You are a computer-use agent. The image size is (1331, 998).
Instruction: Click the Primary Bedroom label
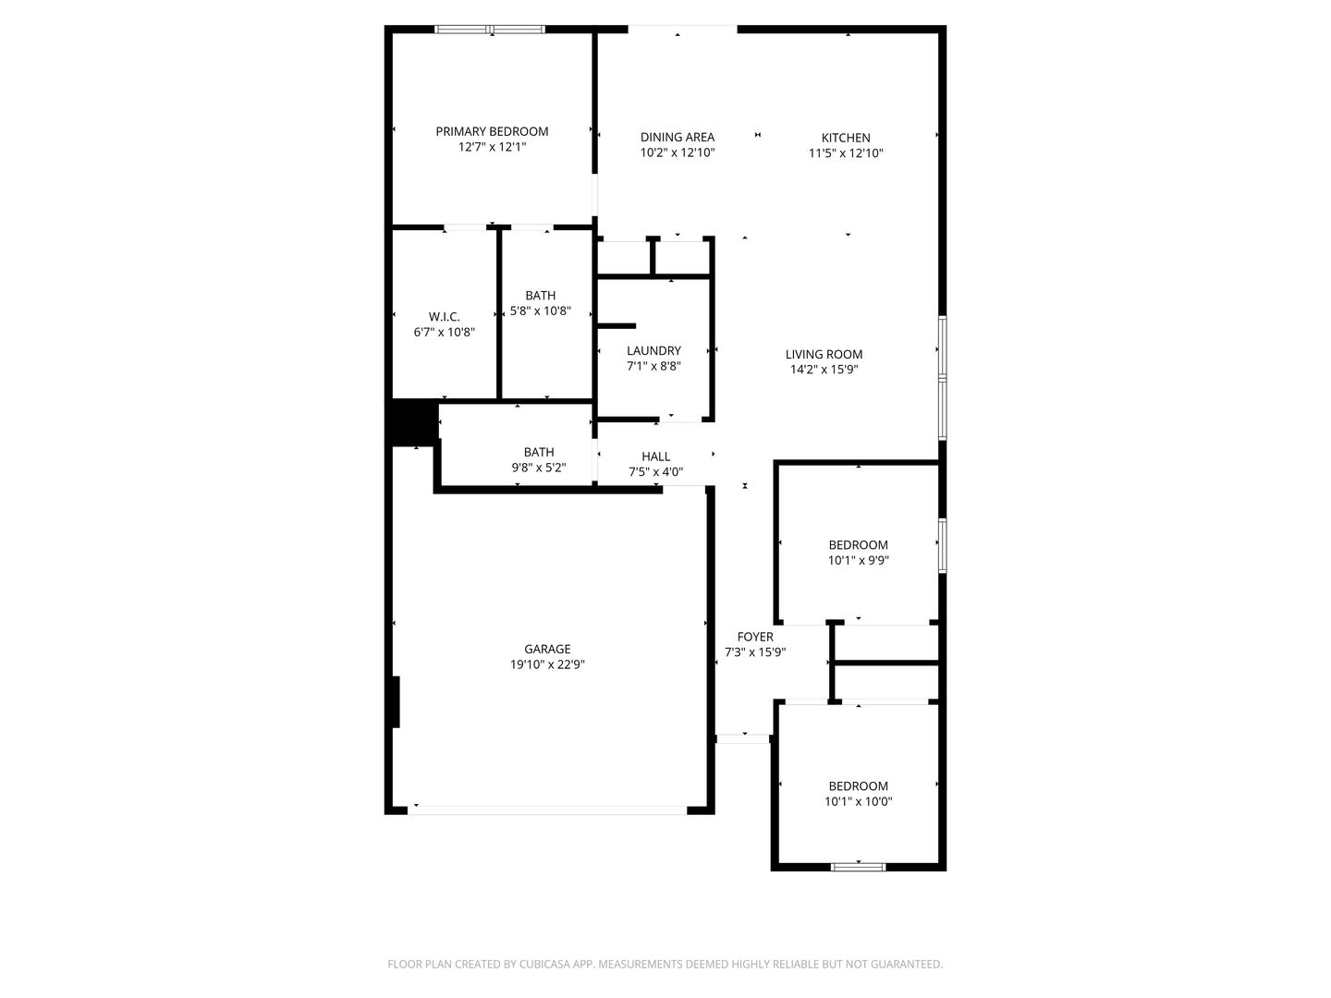[492, 131]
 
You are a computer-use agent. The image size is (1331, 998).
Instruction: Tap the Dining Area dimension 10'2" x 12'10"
[678, 153]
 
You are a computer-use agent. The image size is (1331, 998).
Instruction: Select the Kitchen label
[846, 138]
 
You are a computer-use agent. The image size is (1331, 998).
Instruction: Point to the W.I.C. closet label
[444, 317]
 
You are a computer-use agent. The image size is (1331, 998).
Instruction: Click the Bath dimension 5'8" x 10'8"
[541, 311]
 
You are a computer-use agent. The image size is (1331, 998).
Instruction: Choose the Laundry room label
[653, 350]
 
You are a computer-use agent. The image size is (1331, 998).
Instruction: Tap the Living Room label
[824, 354]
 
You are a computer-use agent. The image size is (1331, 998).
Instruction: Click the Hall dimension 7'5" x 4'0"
[655, 472]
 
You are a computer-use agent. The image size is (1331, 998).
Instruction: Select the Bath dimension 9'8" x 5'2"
[539, 468]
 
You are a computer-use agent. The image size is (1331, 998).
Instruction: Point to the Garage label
[547, 649]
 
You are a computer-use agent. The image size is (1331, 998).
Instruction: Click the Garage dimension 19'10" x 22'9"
[547, 664]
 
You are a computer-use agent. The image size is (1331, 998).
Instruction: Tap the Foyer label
[755, 637]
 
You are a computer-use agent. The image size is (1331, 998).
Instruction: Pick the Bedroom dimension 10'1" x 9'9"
[858, 560]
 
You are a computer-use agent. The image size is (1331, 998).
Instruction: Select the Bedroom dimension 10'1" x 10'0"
[858, 802]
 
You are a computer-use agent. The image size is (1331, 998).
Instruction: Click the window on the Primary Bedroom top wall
[491, 30]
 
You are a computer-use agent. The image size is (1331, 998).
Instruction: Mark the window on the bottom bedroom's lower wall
[858, 867]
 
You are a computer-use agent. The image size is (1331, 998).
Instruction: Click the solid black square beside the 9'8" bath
[411, 422]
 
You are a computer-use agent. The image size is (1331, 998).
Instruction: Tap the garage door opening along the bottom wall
[547, 810]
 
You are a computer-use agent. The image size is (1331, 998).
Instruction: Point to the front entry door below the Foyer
[743, 738]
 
